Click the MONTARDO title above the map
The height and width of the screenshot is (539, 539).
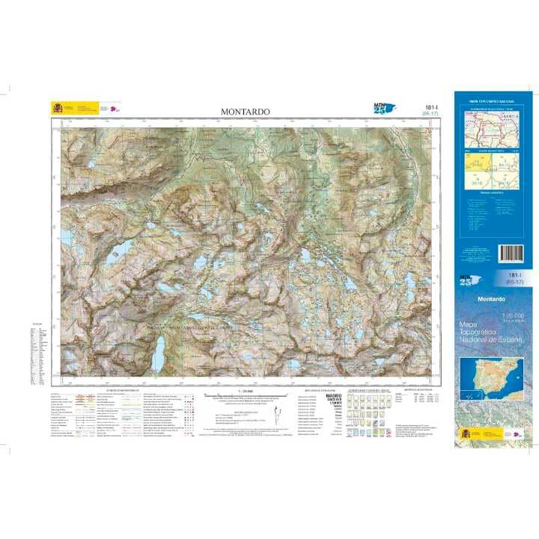(245, 112)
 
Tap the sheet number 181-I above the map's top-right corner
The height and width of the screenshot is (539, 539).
(430, 108)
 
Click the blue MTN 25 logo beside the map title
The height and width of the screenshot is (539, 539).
(383, 109)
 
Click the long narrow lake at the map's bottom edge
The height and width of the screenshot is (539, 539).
(159, 353)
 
